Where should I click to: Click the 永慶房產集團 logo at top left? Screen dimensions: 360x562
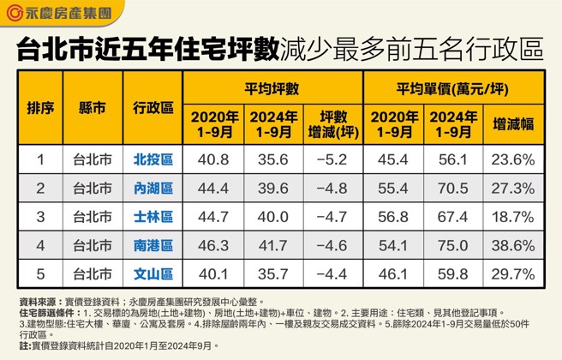60,14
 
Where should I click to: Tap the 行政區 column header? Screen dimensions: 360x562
153,109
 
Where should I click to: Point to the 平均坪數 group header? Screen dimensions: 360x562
272,89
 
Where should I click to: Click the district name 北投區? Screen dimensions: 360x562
153,159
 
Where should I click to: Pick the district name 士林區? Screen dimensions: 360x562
153,217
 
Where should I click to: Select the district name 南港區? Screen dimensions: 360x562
153,246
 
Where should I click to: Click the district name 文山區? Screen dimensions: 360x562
153,274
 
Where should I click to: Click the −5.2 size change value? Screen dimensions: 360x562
332,159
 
